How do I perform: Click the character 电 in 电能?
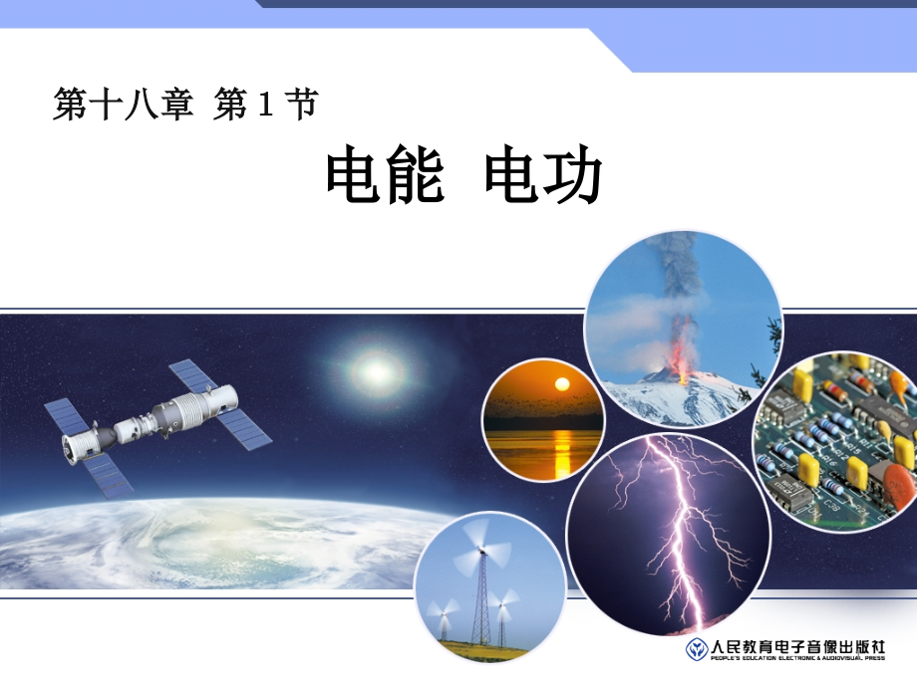coord(356,177)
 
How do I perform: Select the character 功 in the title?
coord(574,177)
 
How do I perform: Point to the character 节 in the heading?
coord(300,105)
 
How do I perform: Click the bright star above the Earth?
coord(375,371)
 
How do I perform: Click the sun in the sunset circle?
coord(562,383)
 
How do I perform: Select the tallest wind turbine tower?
coord(481,597)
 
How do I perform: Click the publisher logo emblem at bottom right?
coord(697,650)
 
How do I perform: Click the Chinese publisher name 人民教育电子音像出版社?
coord(796,646)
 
